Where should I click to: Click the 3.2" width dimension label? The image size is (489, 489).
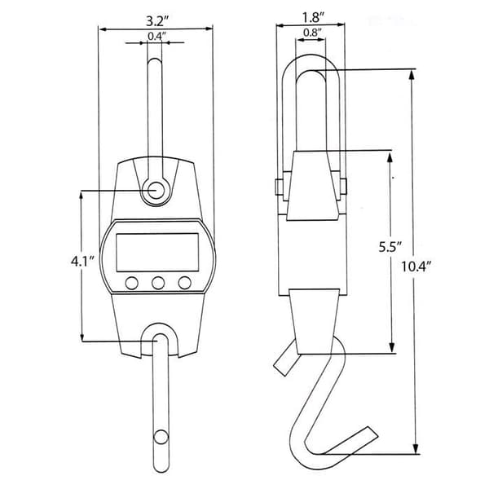click(x=157, y=21)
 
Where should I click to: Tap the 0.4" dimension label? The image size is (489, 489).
click(x=155, y=37)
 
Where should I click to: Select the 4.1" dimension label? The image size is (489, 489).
click(x=82, y=262)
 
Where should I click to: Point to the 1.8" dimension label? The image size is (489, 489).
click(x=314, y=18)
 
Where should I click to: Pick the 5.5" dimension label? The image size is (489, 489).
click(x=390, y=247)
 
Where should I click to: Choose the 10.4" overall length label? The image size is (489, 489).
click(x=416, y=267)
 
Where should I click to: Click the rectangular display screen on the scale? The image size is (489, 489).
click(x=157, y=253)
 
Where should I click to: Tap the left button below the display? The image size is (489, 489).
click(x=131, y=283)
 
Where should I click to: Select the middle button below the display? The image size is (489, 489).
click(x=158, y=283)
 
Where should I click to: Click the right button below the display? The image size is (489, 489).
click(x=185, y=283)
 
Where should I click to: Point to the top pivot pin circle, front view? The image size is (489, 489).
click(x=156, y=190)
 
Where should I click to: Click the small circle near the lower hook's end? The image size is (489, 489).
click(x=161, y=437)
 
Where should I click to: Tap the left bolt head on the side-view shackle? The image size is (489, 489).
click(x=279, y=187)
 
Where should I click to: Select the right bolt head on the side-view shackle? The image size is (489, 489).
click(x=343, y=187)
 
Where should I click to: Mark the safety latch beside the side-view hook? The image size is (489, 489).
click(x=286, y=359)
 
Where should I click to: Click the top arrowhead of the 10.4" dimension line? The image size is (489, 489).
click(x=412, y=75)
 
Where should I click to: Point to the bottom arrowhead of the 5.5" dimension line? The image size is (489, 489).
click(x=392, y=348)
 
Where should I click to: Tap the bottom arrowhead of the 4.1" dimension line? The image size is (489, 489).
click(x=82, y=337)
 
